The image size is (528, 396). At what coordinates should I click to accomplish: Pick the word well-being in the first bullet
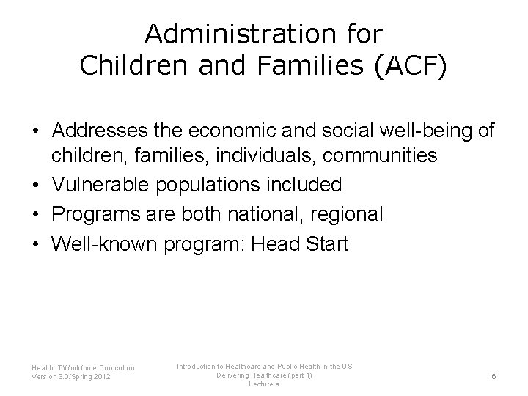pos(426,132)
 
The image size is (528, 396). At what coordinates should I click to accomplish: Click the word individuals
pos(249,155)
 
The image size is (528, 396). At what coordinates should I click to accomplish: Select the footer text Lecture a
pos(264,384)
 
